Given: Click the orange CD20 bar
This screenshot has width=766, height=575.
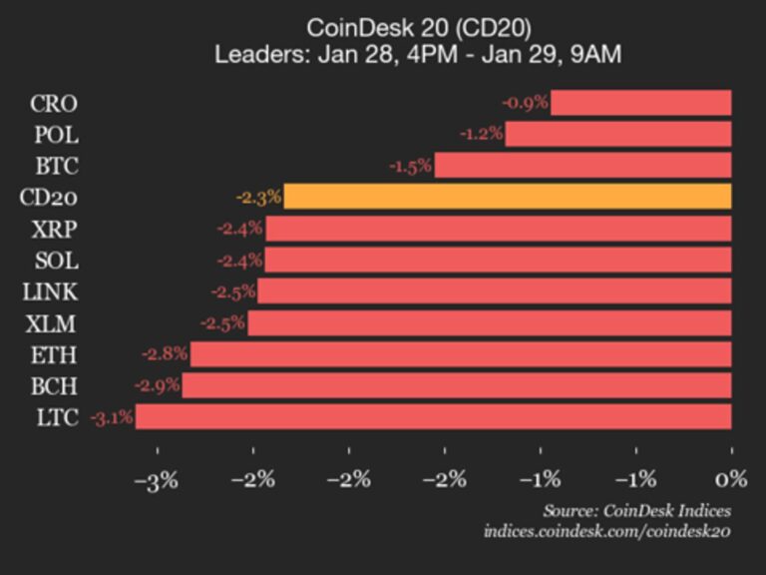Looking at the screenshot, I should click(x=507, y=197).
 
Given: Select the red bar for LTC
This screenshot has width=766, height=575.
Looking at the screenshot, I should click(x=433, y=417).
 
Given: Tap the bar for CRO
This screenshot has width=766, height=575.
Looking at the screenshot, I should click(x=640, y=103).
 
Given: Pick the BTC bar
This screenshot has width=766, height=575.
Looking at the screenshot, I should click(x=582, y=166).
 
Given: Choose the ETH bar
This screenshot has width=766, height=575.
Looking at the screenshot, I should click(x=461, y=354).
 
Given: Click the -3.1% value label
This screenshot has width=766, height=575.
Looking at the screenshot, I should click(x=111, y=417).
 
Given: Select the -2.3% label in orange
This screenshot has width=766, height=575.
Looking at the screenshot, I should click(x=258, y=197).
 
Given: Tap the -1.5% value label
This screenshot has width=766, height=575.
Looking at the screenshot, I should click(x=409, y=166).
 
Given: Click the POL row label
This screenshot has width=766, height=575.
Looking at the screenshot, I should click(x=55, y=135).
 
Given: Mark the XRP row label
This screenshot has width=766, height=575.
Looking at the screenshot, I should click(x=55, y=229).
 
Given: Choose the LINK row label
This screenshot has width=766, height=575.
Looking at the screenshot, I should click(x=51, y=291).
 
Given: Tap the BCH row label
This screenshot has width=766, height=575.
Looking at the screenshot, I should click(x=54, y=386).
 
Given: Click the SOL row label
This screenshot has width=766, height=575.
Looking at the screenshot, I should click(x=55, y=261).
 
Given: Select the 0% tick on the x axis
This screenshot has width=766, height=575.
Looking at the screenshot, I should click(x=731, y=480).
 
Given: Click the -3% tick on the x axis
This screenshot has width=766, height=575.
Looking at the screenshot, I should click(x=157, y=480).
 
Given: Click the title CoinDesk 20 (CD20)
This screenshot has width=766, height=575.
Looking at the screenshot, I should click(x=418, y=27).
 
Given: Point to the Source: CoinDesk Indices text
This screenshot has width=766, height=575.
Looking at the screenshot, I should click(x=637, y=511).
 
